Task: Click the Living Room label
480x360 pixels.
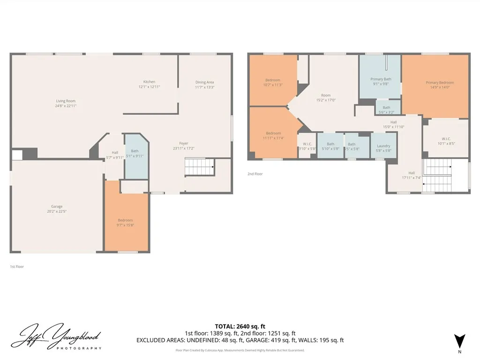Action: pyautogui.click(x=66, y=103)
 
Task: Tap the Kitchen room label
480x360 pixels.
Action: pyautogui.click(x=149, y=84)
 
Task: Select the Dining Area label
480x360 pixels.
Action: pyautogui.click(x=204, y=84)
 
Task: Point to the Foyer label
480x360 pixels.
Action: pyautogui.click(x=184, y=146)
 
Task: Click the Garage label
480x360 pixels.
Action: pyautogui.click(x=57, y=209)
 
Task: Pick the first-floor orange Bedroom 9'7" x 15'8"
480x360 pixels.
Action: pyautogui.click(x=125, y=223)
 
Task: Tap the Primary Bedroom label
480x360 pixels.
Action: pyautogui.click(x=440, y=85)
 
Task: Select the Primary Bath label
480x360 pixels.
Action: pyautogui.click(x=381, y=82)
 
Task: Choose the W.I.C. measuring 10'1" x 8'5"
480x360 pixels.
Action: pyautogui.click(x=446, y=141)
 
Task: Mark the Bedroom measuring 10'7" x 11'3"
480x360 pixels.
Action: pyautogui.click(x=273, y=82)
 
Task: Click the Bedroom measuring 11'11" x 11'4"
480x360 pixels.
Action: pyautogui.click(x=273, y=135)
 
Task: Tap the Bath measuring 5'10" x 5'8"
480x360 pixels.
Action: pyautogui.click(x=330, y=146)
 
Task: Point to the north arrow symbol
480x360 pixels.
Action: pyautogui.click(x=459, y=341)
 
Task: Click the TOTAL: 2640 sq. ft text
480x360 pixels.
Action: pyautogui.click(x=240, y=326)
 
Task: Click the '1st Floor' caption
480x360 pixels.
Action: pyautogui.click(x=17, y=267)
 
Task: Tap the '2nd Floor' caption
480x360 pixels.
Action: pyautogui.click(x=255, y=174)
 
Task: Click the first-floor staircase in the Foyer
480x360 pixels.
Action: pyautogui.click(x=199, y=166)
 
